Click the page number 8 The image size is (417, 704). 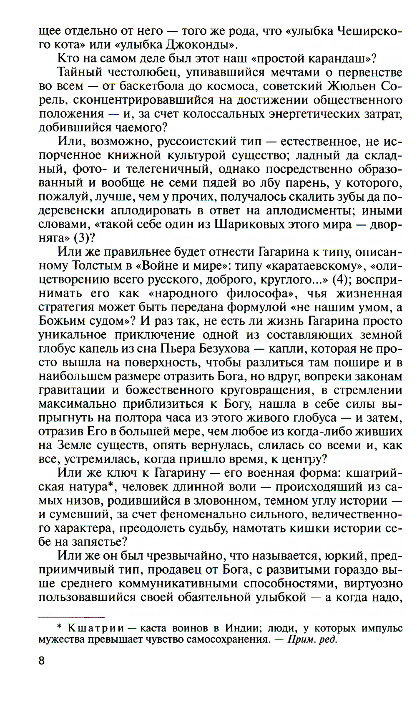pos(41,661)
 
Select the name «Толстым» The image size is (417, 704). pos(96,266)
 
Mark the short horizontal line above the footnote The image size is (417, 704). pos(71,616)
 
